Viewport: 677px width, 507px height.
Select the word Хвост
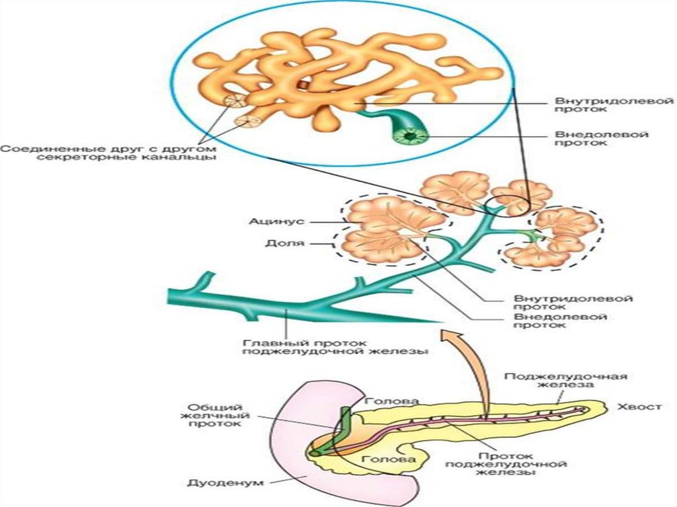pyautogui.click(x=638, y=407)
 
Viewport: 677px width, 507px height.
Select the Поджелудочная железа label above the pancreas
pyautogui.click(x=565, y=381)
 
